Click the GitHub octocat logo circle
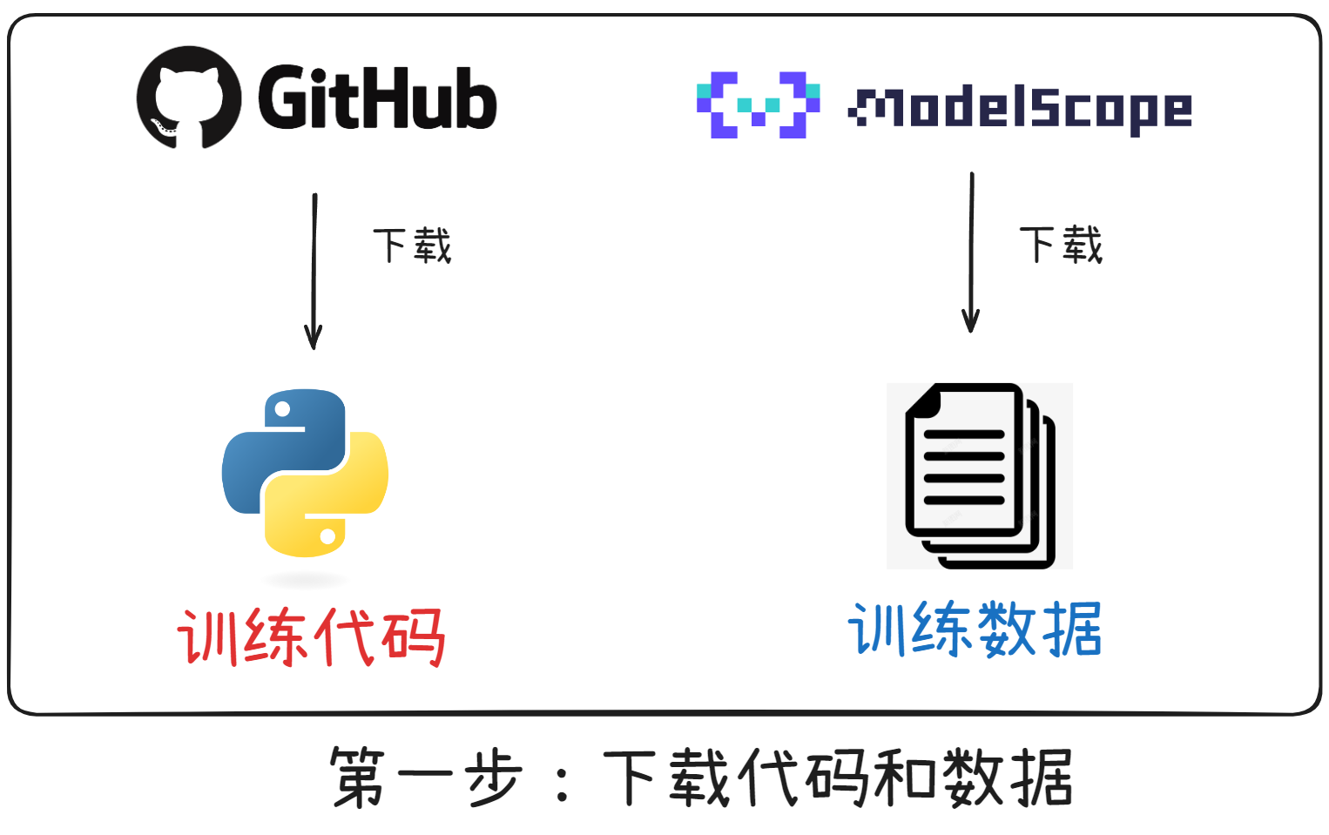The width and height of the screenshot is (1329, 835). point(189,98)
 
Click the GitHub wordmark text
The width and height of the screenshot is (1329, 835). point(377,98)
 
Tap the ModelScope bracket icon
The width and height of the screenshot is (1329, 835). point(758,105)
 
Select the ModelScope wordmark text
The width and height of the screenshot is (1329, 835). point(1020,109)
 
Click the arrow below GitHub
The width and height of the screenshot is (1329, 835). point(314,271)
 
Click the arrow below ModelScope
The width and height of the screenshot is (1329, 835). point(971,253)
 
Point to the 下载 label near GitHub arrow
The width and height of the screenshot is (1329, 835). point(412,246)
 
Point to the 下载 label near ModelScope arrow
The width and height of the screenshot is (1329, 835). point(1061,245)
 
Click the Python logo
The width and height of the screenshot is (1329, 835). point(305,473)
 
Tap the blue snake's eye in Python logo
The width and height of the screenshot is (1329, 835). point(282,409)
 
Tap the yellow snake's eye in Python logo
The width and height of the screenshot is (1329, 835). point(328,536)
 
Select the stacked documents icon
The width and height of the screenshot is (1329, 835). point(979,475)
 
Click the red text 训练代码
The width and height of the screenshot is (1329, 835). point(311,637)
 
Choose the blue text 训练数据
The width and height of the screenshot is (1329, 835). point(975,629)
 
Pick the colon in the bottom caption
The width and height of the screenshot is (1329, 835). point(562,778)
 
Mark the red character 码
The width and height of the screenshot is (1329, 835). point(415,637)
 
